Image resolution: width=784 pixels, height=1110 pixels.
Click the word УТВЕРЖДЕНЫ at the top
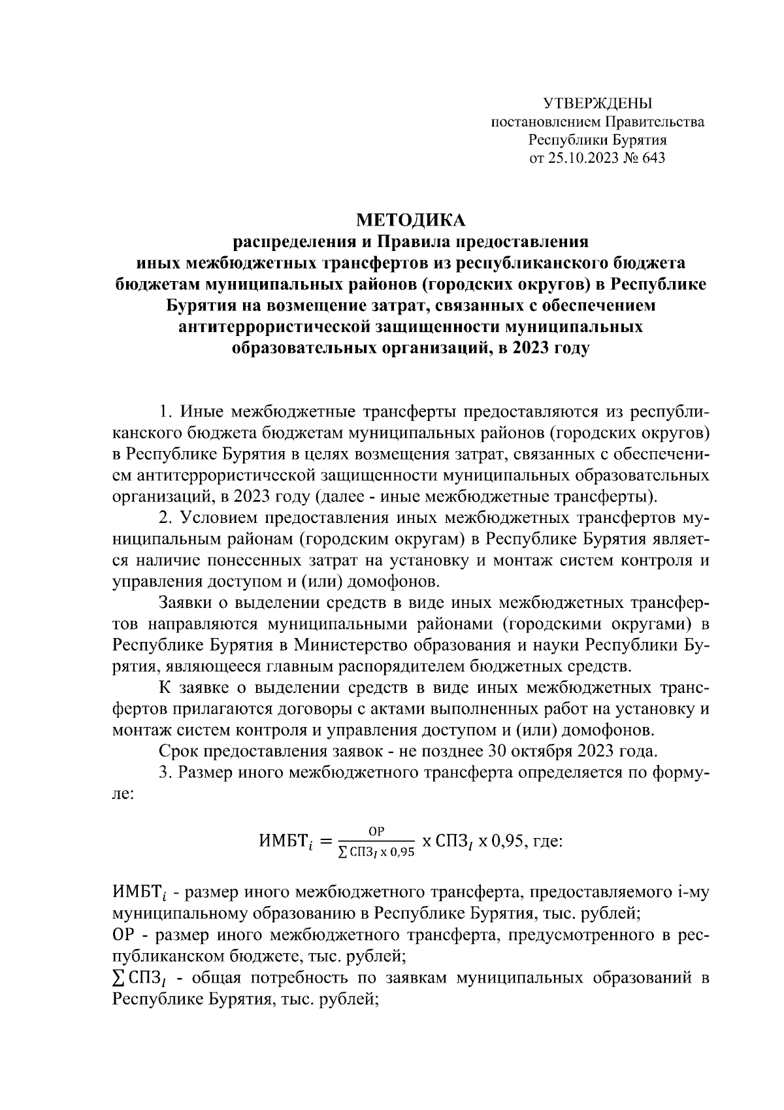(598, 103)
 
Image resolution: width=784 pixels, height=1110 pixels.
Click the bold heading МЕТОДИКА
(412, 220)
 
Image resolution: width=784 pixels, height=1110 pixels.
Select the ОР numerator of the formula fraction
(376, 831)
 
